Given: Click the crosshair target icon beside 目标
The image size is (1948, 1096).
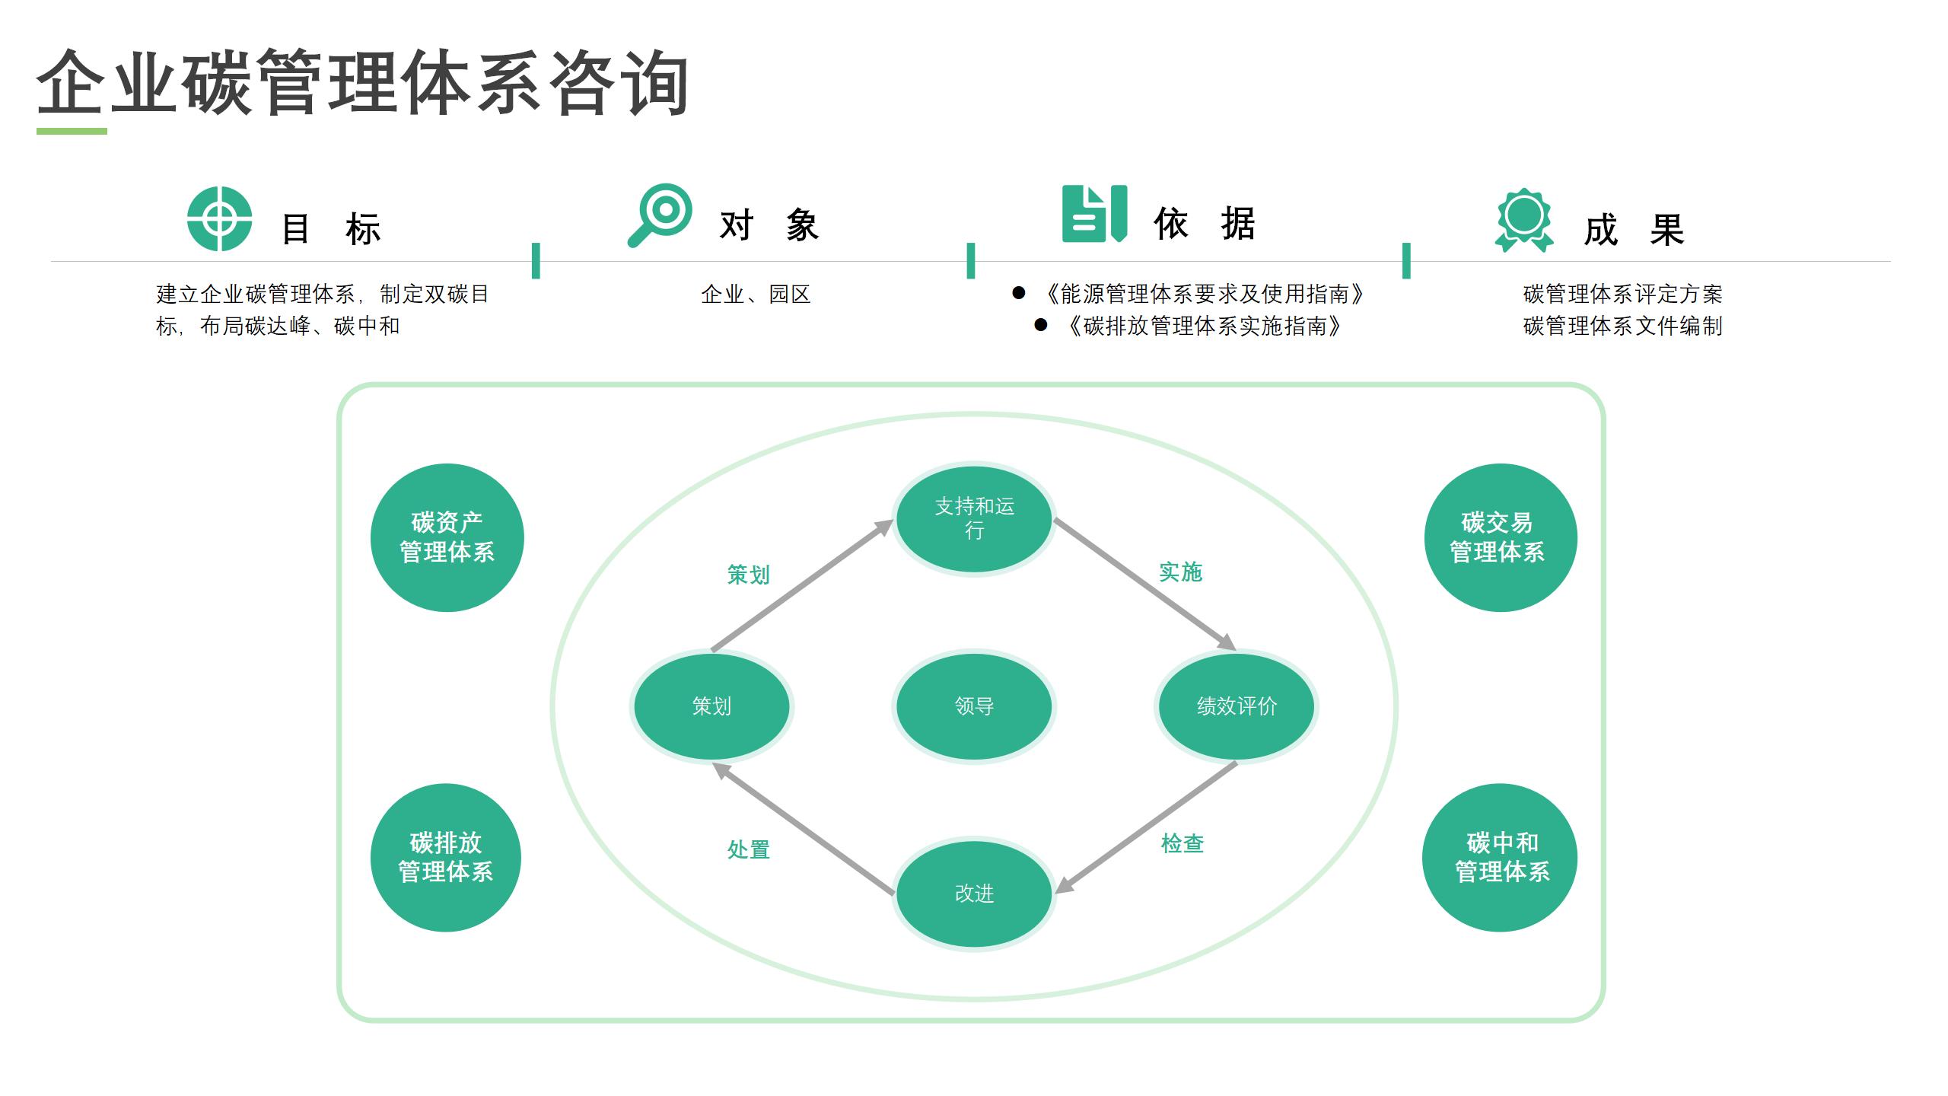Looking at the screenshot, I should tap(219, 218).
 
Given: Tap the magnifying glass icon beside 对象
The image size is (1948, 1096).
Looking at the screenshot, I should tap(660, 215).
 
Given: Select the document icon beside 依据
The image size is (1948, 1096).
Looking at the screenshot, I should tap(1093, 214).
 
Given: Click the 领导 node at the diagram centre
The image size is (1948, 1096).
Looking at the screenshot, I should tap(974, 706).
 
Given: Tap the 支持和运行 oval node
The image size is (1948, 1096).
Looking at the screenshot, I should tap(974, 519).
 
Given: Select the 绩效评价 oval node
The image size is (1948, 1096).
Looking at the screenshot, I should tap(1237, 706).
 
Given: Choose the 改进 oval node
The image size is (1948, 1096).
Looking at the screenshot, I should tap(974, 894).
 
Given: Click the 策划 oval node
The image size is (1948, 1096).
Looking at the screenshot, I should tap(711, 706).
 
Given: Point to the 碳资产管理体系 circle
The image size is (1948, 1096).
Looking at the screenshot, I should tap(447, 537).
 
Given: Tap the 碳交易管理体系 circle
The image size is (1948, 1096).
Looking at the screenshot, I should tap(1500, 537).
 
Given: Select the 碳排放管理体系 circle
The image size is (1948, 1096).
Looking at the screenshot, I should tap(446, 858).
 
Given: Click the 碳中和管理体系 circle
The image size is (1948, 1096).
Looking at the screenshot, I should tap(1500, 858).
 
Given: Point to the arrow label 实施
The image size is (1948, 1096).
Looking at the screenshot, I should tap(1180, 572).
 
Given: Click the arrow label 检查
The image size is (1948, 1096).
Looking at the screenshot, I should tap(1182, 843).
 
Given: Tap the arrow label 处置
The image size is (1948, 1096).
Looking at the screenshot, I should tap(749, 849).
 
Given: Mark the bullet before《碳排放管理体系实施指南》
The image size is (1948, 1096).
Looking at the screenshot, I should tap(1041, 326).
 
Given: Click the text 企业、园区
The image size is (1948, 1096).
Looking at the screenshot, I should tap(756, 295).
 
